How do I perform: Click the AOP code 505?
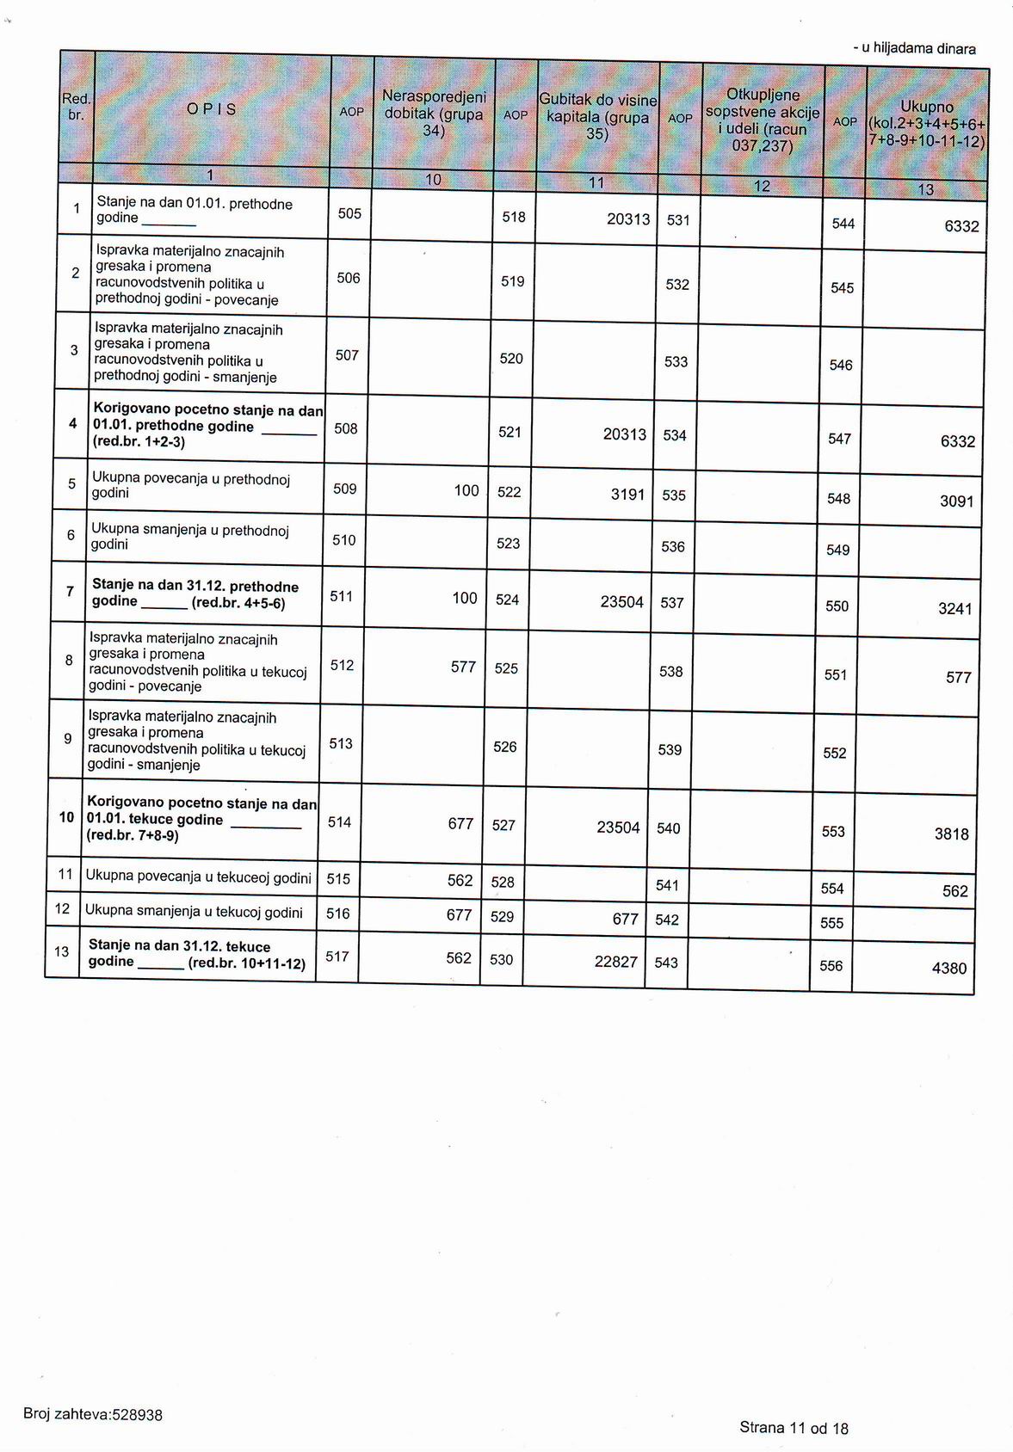(x=349, y=213)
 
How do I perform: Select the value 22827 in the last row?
(x=616, y=962)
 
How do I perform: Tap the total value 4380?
(x=949, y=969)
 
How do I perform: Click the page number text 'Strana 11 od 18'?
(x=794, y=1428)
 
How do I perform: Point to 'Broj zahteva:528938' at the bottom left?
(x=93, y=1415)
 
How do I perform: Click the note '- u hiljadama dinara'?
(x=915, y=49)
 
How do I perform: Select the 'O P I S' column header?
(x=212, y=109)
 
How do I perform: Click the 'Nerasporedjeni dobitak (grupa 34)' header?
(x=434, y=114)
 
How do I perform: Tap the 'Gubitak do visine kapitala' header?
(x=598, y=117)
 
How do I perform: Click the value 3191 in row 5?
(x=628, y=495)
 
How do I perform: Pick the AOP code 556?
(x=831, y=966)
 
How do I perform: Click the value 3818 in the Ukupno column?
(x=952, y=834)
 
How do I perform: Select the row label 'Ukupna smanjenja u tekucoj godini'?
(x=194, y=913)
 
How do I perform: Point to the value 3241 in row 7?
(x=955, y=609)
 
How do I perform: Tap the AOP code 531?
(x=678, y=220)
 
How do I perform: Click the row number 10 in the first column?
(x=66, y=817)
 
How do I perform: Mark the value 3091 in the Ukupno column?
(x=957, y=501)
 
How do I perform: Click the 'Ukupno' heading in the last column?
(x=927, y=108)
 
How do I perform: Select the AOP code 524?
(x=507, y=600)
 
